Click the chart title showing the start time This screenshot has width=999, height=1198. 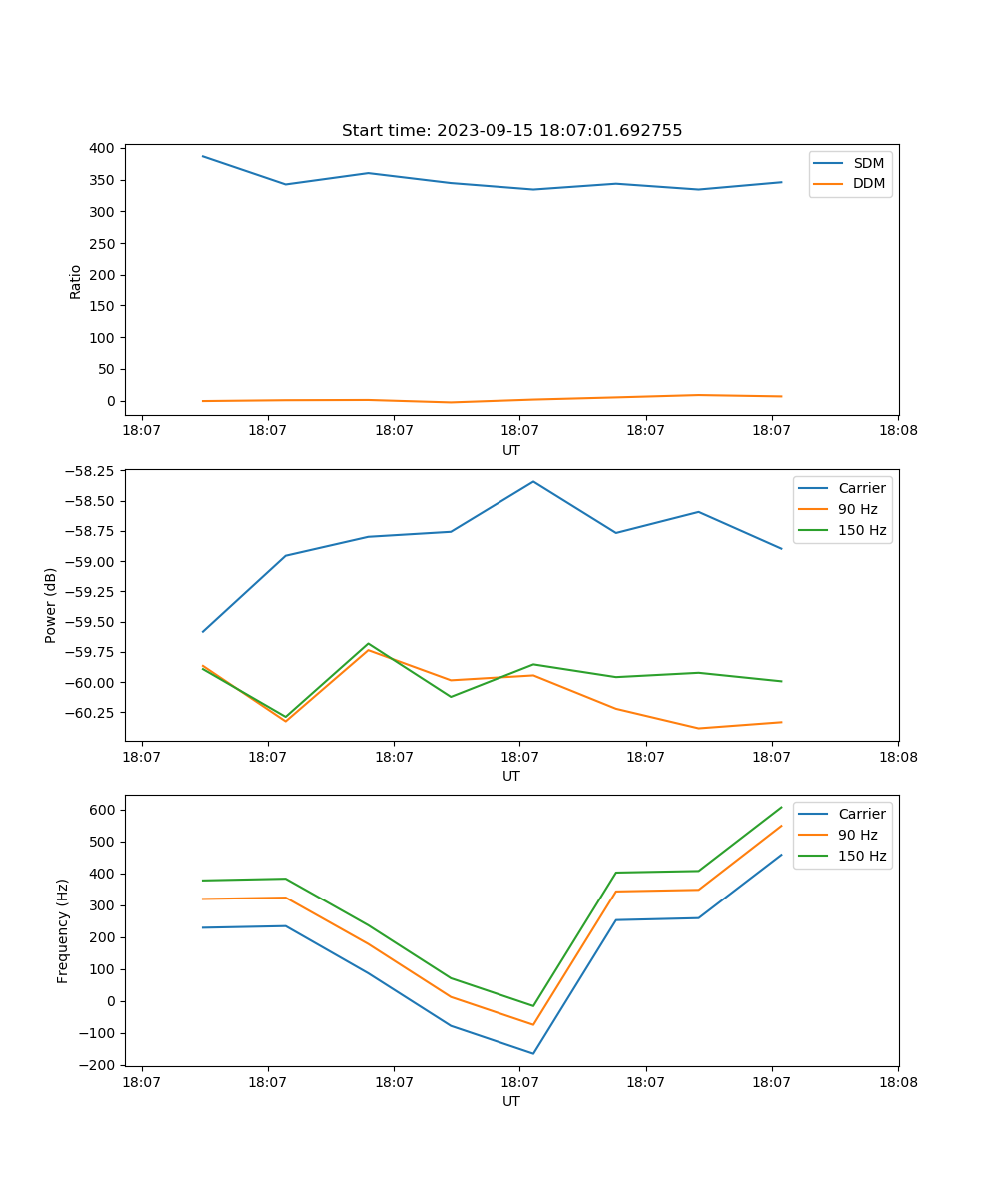tap(511, 131)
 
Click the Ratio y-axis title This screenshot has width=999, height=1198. tap(76, 282)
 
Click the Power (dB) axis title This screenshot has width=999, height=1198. tap(51, 605)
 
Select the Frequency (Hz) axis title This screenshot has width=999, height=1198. tap(63, 930)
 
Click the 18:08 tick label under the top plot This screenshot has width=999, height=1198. tap(898, 430)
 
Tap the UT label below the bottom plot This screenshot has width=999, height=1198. tap(511, 1101)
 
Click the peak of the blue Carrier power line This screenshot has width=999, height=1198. tap(533, 482)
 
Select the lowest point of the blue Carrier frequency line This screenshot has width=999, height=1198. tap(533, 1053)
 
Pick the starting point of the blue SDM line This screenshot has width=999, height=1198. tap(203, 156)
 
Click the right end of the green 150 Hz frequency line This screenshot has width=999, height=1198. tap(781, 807)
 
